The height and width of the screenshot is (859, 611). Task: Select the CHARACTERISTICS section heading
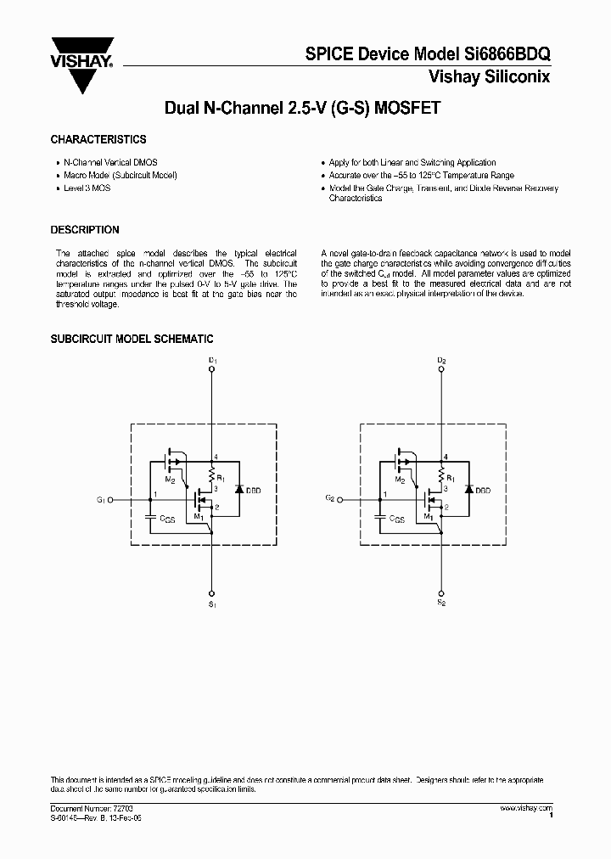click(98, 139)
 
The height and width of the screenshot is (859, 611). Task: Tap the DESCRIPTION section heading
click(85, 230)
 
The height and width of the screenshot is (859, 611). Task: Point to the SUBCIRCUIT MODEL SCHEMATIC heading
click(132, 339)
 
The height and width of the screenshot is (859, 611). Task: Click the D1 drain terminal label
click(213, 362)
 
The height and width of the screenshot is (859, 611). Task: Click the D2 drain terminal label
click(441, 362)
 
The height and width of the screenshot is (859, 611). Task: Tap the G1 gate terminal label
click(100, 501)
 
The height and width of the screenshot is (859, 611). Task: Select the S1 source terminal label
click(213, 605)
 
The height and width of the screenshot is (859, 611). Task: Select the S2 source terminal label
click(441, 605)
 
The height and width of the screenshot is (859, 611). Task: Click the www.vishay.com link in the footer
click(527, 809)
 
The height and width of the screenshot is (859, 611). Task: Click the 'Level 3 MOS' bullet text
click(87, 188)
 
